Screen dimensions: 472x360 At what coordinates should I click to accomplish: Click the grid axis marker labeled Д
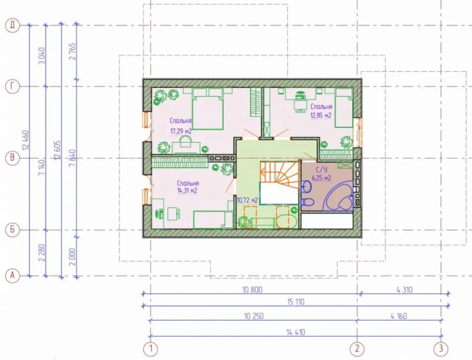pyautogui.click(x=12, y=25)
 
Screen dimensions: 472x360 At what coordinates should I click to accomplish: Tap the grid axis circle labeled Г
pyautogui.click(x=12, y=87)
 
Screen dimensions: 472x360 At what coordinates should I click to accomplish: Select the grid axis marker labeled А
pyautogui.click(x=12, y=276)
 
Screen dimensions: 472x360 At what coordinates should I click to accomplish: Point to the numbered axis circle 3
pyautogui.click(x=441, y=349)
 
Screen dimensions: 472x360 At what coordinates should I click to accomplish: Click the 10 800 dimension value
pyautogui.click(x=252, y=290)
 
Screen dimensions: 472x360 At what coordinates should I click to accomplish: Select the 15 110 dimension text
pyautogui.click(x=295, y=301)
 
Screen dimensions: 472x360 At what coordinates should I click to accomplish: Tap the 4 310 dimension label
pyautogui.click(x=405, y=290)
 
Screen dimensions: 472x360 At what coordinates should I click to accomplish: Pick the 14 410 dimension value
pyautogui.click(x=295, y=332)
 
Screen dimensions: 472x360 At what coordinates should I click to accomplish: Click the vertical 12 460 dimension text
pyautogui.click(x=25, y=140)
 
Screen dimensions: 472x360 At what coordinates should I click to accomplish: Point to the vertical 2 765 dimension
pyautogui.click(x=73, y=51)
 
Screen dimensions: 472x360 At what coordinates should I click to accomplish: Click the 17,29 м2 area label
pyautogui.click(x=181, y=131)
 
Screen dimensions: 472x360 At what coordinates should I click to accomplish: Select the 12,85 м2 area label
pyautogui.click(x=321, y=115)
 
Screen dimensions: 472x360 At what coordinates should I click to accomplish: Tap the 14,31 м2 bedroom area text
pyautogui.click(x=187, y=191)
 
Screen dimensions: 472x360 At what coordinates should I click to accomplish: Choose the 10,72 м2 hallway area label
pyautogui.click(x=247, y=200)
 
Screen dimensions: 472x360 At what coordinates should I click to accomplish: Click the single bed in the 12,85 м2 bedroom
pyautogui.click(x=344, y=108)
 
